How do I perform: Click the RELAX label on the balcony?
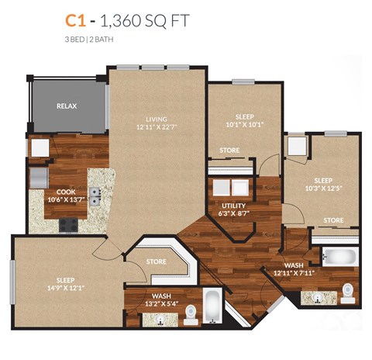67,106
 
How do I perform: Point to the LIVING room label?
157,119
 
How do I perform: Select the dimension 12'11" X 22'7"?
157,127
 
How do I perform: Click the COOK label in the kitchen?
66,191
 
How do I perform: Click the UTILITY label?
233,206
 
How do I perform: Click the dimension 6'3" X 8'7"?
233,214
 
